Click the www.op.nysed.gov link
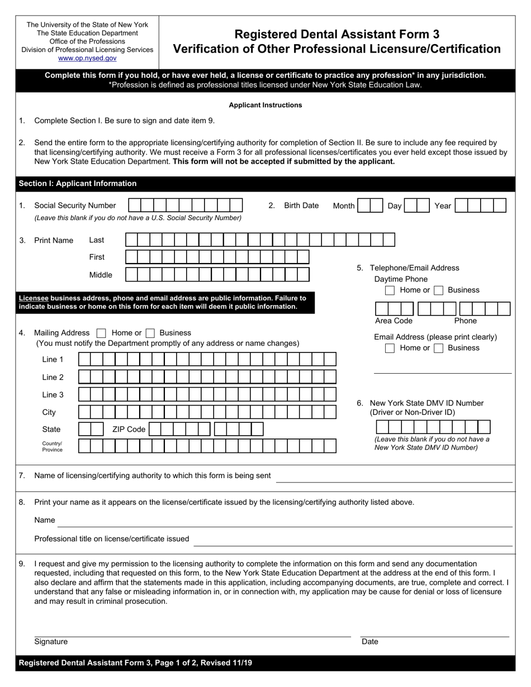coord(87,58)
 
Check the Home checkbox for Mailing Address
coord(101,333)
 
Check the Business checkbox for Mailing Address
coord(150,333)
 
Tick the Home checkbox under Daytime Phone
coord(390,290)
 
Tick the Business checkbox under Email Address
coord(439,348)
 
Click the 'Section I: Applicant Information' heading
coord(78,183)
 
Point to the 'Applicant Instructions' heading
coord(265,105)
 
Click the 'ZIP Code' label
coord(129,430)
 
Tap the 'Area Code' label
coord(393,321)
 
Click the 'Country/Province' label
coord(53,446)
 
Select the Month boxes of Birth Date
coord(370,206)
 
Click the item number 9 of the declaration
coord(22,564)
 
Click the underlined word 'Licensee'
coord(34,298)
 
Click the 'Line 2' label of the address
coord(53,377)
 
